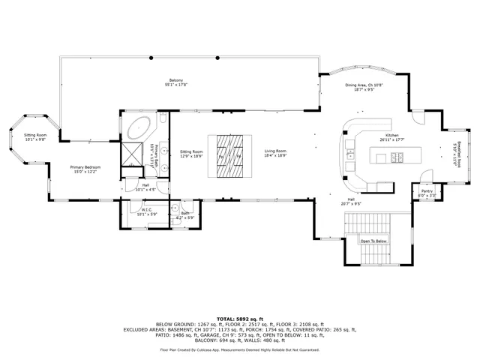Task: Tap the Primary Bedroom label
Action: click(85, 169)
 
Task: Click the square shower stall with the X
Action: click(133, 154)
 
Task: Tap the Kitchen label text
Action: click(391, 137)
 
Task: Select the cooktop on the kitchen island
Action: click(397, 157)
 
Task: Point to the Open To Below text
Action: click(373, 241)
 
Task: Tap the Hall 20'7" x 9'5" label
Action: click(350, 201)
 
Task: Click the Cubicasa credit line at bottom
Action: click(240, 349)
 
